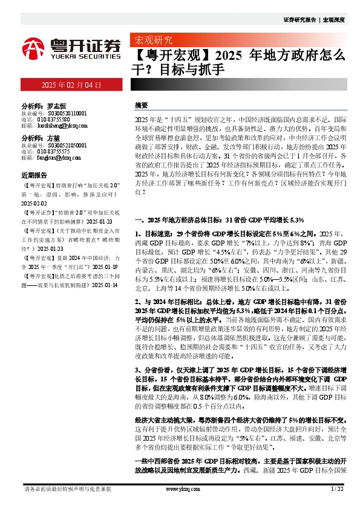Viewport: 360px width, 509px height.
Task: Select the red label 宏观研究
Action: pyautogui.click(x=148, y=41)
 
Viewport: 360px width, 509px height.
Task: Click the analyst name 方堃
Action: pyautogui.click(x=54, y=138)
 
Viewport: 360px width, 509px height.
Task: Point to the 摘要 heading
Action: pyautogui.click(x=141, y=105)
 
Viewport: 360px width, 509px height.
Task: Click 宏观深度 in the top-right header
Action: pyautogui.click(x=334, y=20)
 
